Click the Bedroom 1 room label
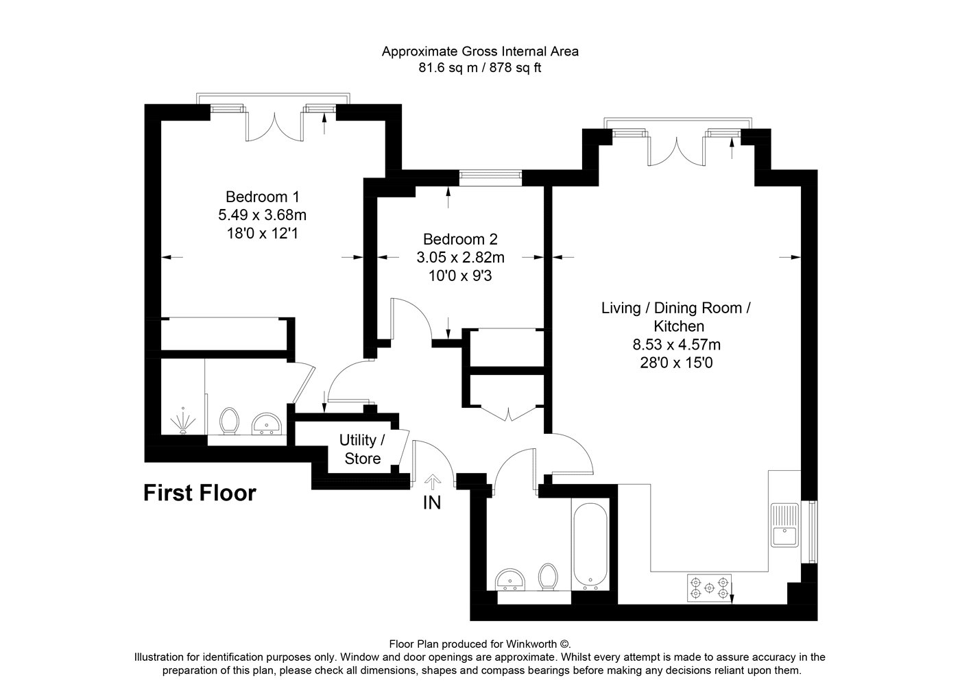[x=262, y=197]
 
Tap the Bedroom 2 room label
[x=460, y=239]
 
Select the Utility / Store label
[x=362, y=449]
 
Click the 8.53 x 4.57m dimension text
[x=677, y=344]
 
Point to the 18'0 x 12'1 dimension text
[x=262, y=234]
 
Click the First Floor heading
[x=200, y=493]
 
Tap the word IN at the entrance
[x=431, y=503]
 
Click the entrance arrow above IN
[x=433, y=482]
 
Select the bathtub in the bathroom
[x=590, y=545]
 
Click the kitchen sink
[x=784, y=526]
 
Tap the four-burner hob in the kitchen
[x=709, y=588]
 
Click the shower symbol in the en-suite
[x=183, y=421]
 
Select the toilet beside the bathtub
[x=548, y=577]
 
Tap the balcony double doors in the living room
[x=676, y=151]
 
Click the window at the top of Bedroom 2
[x=490, y=178]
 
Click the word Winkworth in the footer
[x=531, y=644]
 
